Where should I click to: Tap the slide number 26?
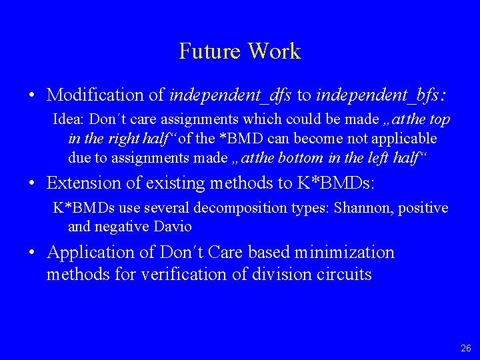click(465, 348)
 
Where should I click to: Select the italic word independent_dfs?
click(231, 95)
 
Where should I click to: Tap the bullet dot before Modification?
click(33, 95)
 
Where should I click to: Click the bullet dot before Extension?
click(33, 183)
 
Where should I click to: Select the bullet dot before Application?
click(33, 253)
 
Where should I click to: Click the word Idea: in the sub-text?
click(69, 120)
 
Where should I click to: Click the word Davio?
click(173, 227)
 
